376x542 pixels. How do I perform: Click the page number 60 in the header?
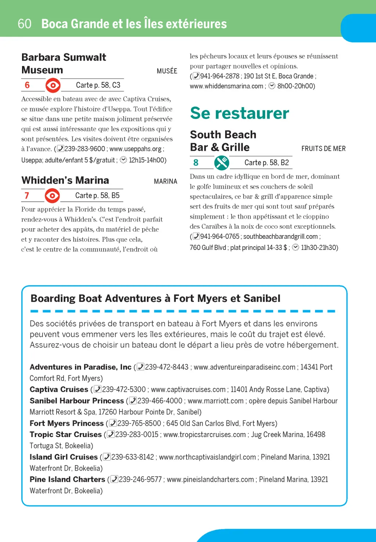[x=24, y=24]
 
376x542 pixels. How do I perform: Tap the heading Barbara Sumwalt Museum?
[x=64, y=63]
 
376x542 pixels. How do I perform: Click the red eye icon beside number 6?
[x=53, y=86]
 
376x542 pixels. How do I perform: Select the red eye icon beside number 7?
[x=52, y=196]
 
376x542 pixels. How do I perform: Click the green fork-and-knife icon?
[x=222, y=163]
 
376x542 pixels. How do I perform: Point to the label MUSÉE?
[x=167, y=71]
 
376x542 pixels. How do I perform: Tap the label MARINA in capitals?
[x=165, y=181]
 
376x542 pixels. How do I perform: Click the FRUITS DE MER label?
[x=323, y=149]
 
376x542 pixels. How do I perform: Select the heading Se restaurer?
[x=239, y=113]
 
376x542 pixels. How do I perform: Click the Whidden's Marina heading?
[x=65, y=180]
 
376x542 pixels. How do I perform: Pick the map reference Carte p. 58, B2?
[x=267, y=163]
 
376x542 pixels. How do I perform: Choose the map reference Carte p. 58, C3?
[x=98, y=85]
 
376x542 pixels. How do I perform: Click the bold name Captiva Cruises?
[x=59, y=389]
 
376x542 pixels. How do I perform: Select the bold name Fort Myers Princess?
[x=66, y=423]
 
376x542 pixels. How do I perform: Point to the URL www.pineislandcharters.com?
[x=210, y=479]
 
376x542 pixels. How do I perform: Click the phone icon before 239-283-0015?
[x=111, y=434]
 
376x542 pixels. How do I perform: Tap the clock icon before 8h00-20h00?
[x=272, y=86]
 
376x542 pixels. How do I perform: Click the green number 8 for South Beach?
[x=196, y=163]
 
